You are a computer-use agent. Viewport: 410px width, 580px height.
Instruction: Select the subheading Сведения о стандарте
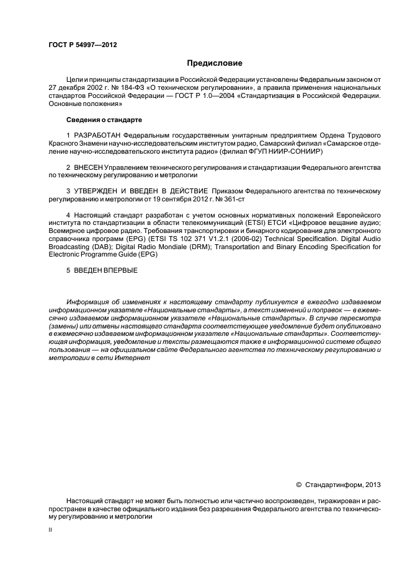[101, 119]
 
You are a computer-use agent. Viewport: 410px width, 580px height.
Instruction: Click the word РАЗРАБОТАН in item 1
[97, 134]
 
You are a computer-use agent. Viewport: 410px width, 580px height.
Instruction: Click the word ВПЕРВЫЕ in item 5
[121, 270]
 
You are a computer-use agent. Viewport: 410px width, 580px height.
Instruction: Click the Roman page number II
[50, 531]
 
